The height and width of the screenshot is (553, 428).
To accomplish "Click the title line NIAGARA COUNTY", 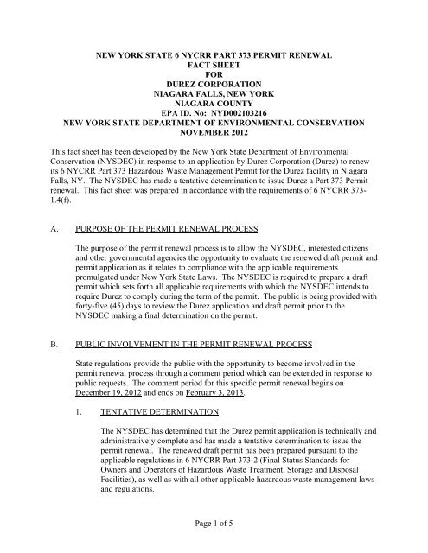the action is pyautogui.click(x=214, y=99).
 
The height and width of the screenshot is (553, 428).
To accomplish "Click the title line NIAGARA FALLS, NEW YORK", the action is pyautogui.click(x=214, y=87).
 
